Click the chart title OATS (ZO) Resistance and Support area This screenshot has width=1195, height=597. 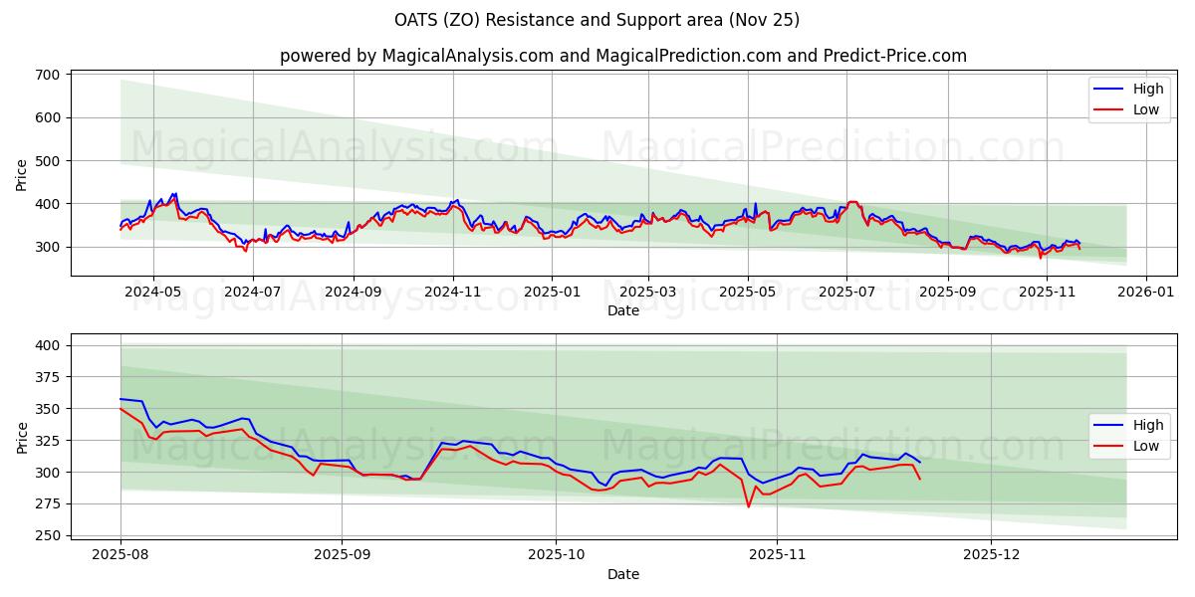pyautogui.click(x=597, y=20)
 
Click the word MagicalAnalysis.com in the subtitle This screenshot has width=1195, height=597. pyautogui.click(x=467, y=56)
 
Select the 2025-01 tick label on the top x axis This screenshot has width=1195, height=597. pyautogui.click(x=551, y=293)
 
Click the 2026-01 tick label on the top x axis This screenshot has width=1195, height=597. pyautogui.click(x=1145, y=293)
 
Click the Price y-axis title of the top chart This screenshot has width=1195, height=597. pyautogui.click(x=21, y=174)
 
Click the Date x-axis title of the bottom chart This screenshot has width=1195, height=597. pyautogui.click(x=623, y=574)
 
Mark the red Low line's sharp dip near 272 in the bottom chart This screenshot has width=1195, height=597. pyautogui.click(x=749, y=507)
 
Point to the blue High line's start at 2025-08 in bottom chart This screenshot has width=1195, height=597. pyautogui.click(x=120, y=399)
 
